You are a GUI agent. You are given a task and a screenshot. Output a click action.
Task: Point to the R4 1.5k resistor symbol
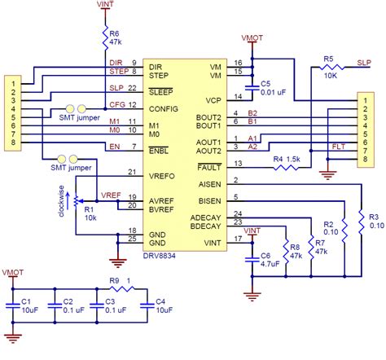point(288,169)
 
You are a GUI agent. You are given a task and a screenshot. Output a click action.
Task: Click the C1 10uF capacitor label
point(26,305)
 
